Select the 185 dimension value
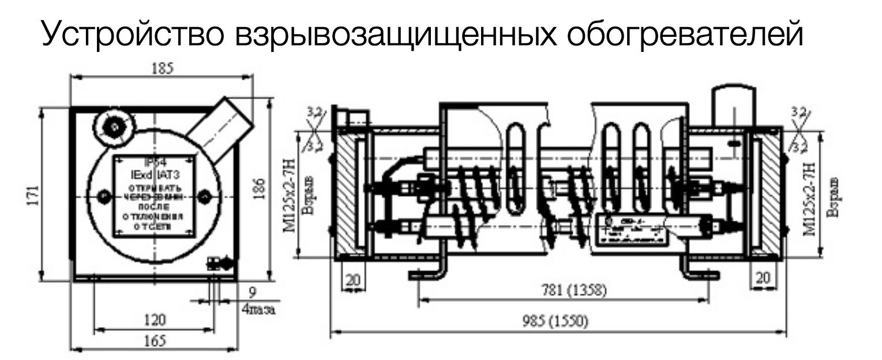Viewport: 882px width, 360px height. point(161,69)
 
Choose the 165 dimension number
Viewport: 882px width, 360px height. point(154,340)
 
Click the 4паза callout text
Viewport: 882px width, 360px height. point(258,310)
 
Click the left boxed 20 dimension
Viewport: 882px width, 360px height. point(353,279)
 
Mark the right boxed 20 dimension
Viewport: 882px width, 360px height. point(763,278)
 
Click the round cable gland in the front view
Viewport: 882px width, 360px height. point(115,126)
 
